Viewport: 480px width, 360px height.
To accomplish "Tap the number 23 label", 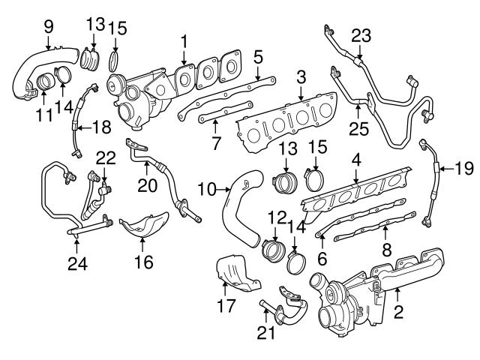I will [361, 35].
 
